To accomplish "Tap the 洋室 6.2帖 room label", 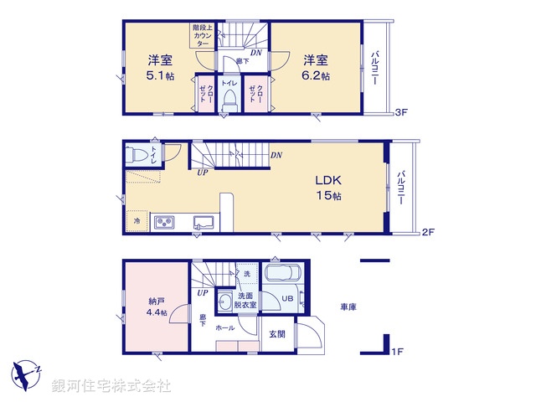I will click(x=316, y=67).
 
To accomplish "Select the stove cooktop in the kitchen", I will click(x=162, y=223).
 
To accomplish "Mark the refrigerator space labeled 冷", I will click(x=137, y=221).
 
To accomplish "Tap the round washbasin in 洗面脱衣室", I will click(x=224, y=300).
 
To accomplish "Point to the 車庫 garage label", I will click(x=348, y=307).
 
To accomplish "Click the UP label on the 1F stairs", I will click(x=202, y=293).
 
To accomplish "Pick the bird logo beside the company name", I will click(x=27, y=372).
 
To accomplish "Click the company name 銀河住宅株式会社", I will click(x=111, y=386).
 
